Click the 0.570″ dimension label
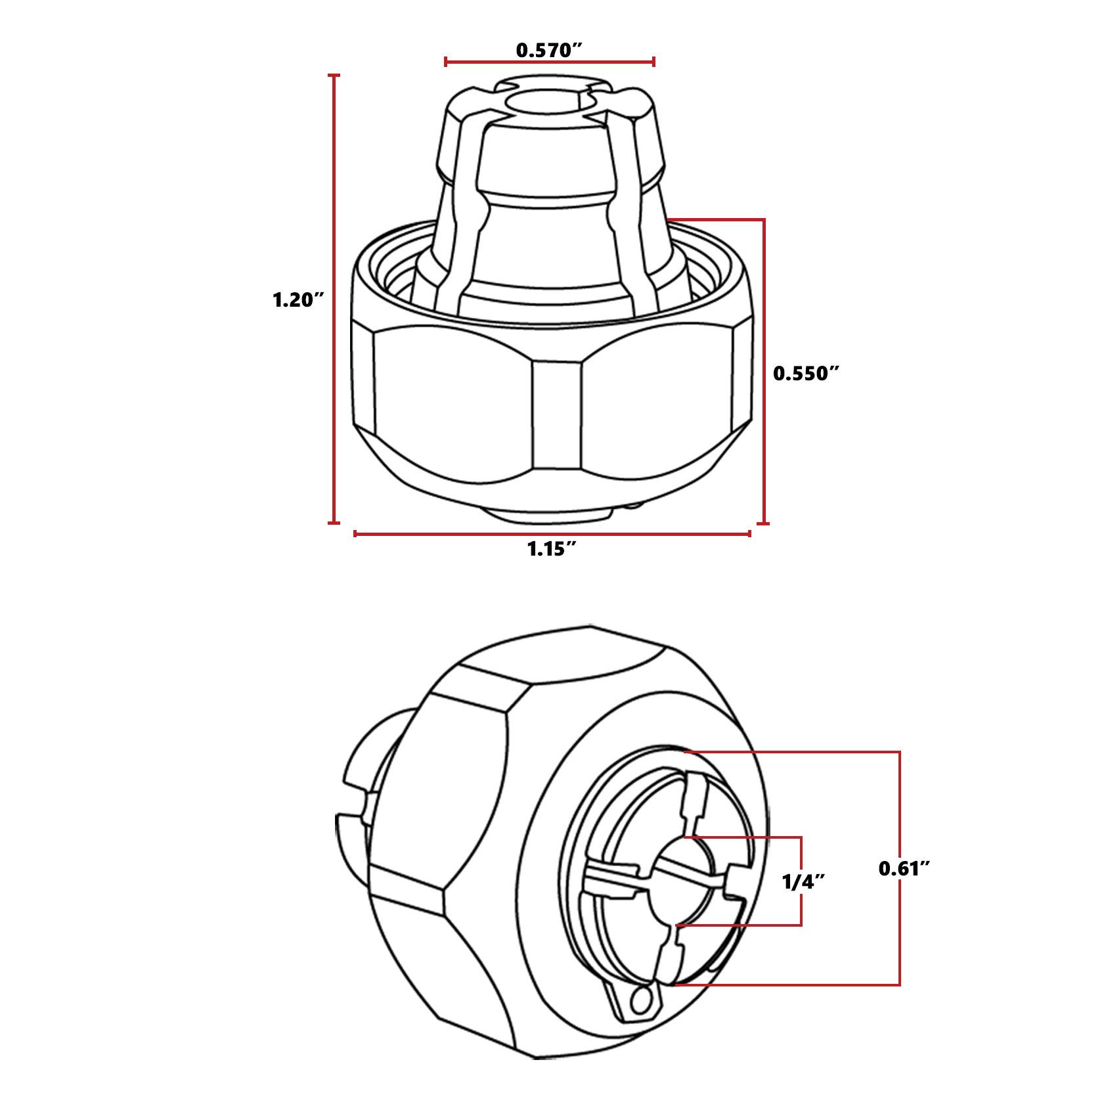[548, 50]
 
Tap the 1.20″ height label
[298, 300]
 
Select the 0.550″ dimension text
[806, 373]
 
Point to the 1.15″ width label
[552, 548]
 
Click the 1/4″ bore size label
[803, 882]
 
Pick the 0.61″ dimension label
[904, 868]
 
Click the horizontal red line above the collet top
[549, 62]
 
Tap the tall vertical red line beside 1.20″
[334, 299]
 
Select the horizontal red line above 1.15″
[552, 534]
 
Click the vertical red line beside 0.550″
[763, 371]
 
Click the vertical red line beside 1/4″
[801, 881]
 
